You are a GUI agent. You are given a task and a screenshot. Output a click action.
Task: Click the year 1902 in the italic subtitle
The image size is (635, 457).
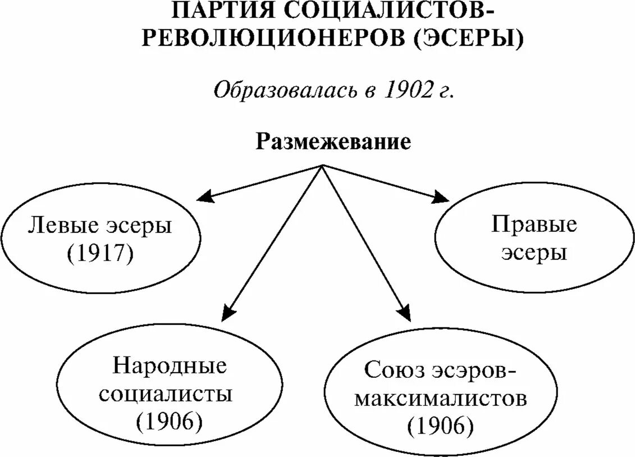point(406,90)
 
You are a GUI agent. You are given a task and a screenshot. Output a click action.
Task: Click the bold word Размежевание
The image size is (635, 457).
point(334,141)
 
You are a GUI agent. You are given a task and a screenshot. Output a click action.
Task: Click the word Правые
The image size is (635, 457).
point(534,225)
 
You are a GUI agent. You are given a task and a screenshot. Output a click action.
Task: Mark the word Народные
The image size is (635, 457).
point(170,366)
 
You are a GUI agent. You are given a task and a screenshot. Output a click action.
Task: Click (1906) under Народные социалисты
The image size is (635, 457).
point(169,421)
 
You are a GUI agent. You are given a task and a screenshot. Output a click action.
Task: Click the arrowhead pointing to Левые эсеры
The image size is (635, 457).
point(204,196)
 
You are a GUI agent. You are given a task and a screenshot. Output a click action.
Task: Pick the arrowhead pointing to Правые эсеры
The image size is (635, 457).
point(441,197)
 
